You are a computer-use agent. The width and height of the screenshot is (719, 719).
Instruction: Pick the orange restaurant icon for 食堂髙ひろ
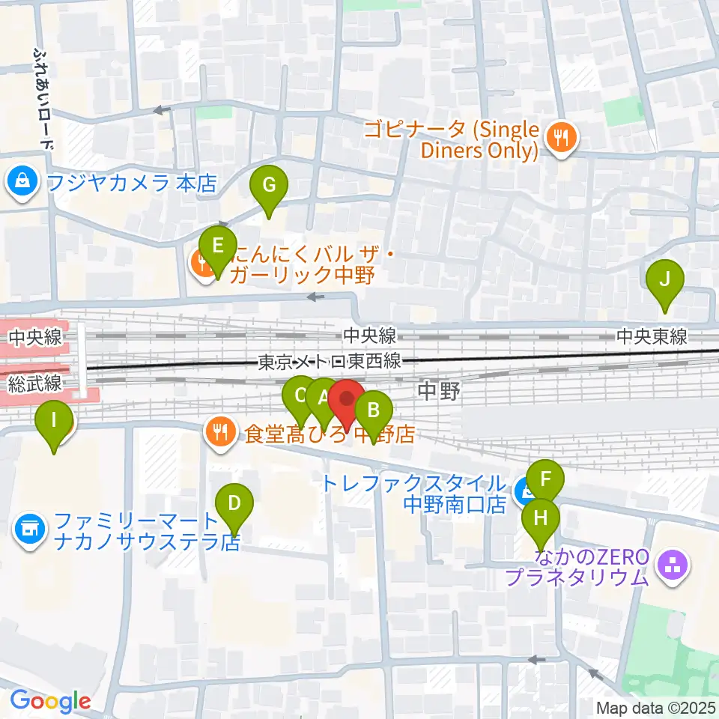click(x=219, y=432)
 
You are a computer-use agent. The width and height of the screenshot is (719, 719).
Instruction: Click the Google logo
click(x=50, y=701)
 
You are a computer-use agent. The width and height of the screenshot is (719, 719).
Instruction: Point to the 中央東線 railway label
click(x=651, y=338)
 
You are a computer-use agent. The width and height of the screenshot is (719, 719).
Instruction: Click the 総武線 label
click(x=34, y=385)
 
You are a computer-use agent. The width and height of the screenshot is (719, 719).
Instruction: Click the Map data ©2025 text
click(x=654, y=707)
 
